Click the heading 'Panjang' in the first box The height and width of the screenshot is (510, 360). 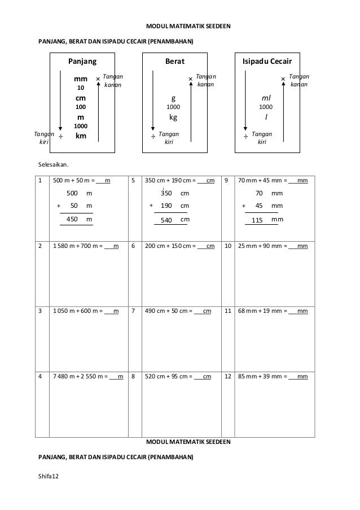point(82,61)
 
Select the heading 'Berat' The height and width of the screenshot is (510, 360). point(174,61)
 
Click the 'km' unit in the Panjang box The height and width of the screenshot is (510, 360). point(81,136)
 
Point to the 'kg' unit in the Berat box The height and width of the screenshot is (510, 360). point(174,117)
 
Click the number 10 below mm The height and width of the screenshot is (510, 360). point(80,88)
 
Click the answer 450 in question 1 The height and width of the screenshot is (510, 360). point(72,219)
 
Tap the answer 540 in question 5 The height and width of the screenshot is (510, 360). point(166,220)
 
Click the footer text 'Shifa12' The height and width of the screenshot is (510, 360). point(48,478)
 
